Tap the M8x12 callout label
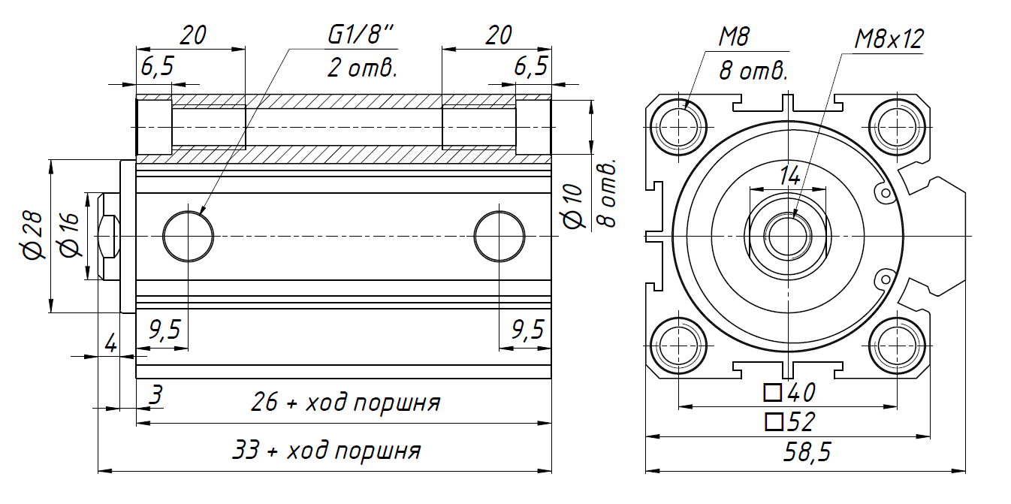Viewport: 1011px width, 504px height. pos(889,39)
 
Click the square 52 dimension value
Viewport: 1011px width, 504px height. pos(789,421)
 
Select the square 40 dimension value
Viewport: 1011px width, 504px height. pos(789,392)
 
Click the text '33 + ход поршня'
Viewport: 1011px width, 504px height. pos(326,451)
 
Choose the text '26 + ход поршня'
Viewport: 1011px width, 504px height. pos(345,403)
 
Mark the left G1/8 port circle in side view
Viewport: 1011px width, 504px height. pos(188,236)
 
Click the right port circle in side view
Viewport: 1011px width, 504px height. pos(499,236)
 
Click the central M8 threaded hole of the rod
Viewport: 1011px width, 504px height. pos(788,236)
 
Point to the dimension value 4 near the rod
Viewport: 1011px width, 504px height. pos(110,345)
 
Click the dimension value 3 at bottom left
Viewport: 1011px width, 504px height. pos(155,394)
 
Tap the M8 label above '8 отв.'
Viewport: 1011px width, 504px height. pos(735,36)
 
